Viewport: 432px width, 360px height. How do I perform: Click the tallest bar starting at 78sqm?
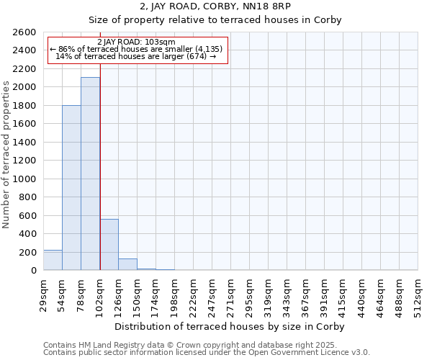point(90,174)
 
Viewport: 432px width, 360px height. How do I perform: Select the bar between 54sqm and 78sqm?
point(71,188)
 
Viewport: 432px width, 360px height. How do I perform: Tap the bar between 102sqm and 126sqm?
point(109,244)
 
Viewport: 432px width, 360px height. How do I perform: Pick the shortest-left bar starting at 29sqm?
point(53,260)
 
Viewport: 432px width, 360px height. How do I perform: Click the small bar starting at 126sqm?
point(127,264)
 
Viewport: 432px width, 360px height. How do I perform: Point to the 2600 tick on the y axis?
point(27,32)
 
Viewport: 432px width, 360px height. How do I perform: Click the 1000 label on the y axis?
point(27,179)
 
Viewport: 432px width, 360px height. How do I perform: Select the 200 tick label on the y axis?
point(30,253)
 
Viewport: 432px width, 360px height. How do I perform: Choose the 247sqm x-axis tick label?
point(212,295)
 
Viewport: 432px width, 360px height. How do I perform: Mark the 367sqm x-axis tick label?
point(305,295)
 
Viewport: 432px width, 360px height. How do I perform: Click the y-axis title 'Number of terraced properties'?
point(6,155)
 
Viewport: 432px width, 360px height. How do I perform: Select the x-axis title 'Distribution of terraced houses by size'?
point(230,327)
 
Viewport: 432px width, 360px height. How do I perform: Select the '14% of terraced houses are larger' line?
point(135,56)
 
